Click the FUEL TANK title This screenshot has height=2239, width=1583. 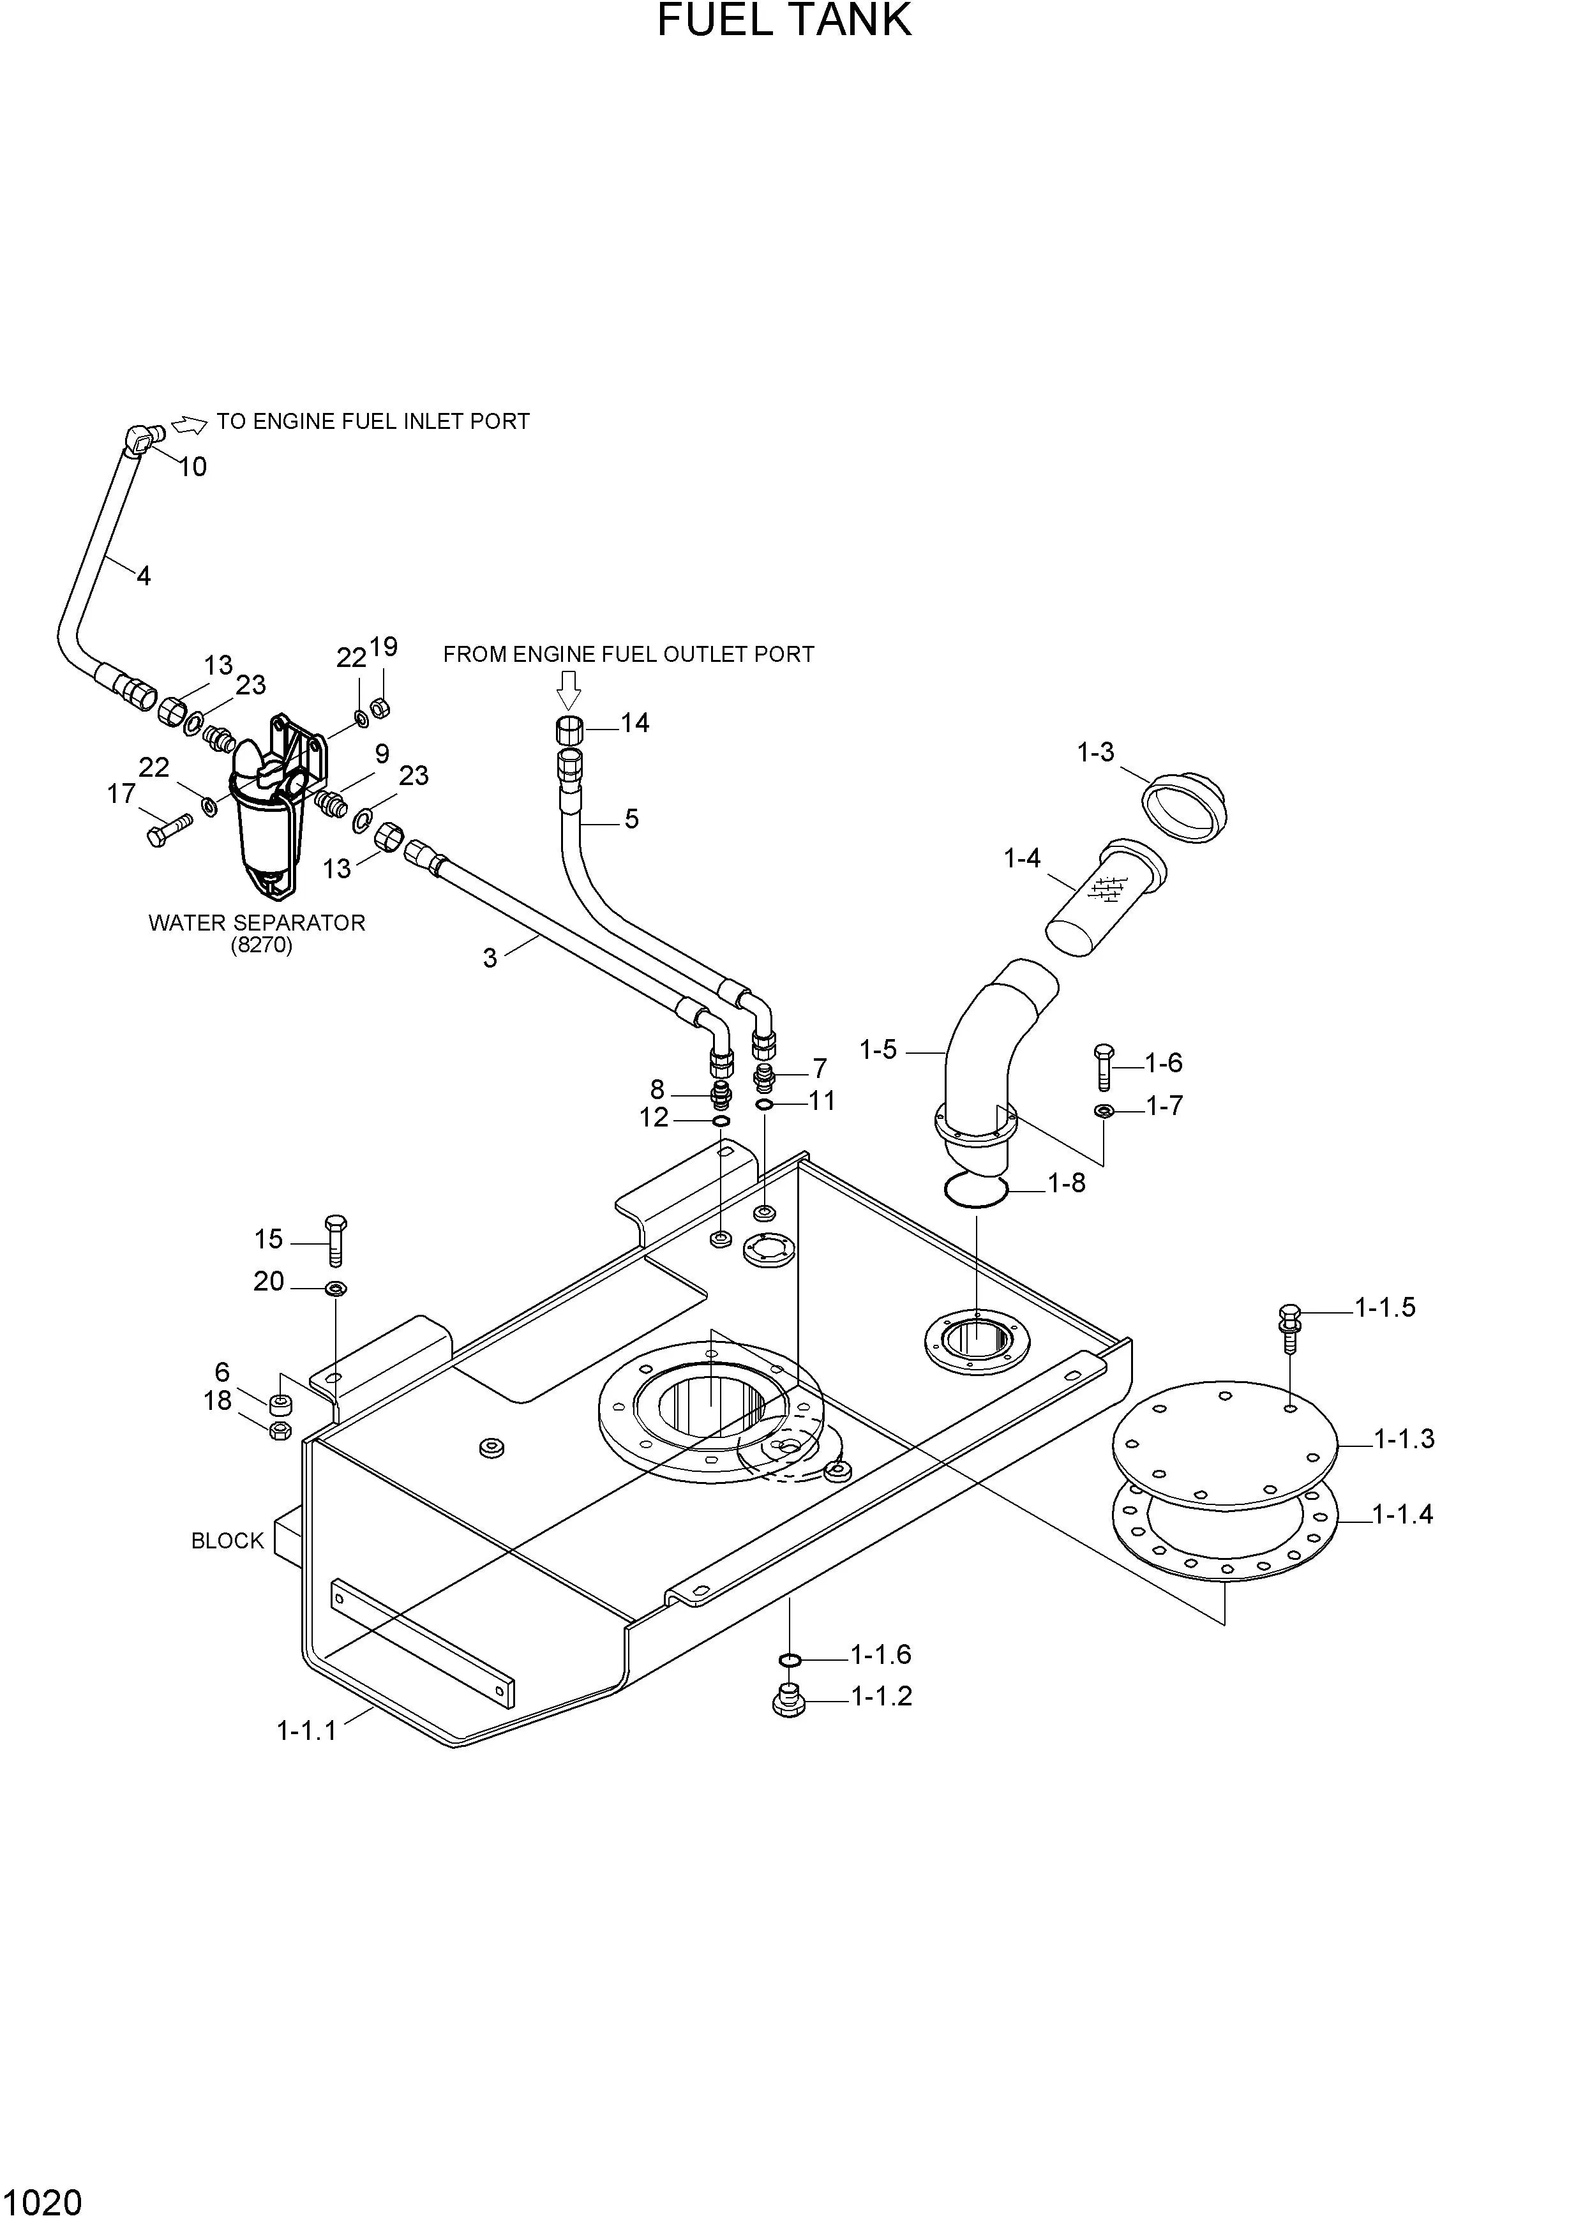(x=784, y=22)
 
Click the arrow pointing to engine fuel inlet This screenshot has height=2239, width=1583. (x=188, y=424)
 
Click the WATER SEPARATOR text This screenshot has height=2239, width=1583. (x=257, y=922)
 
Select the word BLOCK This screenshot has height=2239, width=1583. (x=227, y=1541)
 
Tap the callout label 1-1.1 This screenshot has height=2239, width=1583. (x=306, y=1730)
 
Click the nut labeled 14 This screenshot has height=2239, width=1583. (x=569, y=728)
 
